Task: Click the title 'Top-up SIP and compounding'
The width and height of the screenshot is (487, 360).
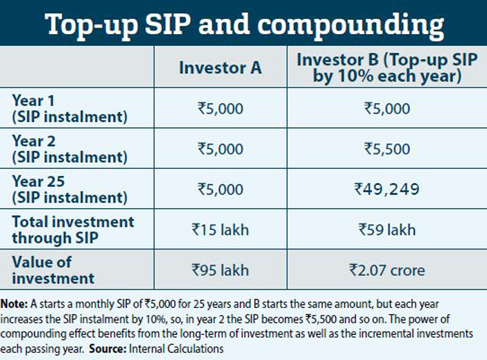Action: click(x=243, y=25)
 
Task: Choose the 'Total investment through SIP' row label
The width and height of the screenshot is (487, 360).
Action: click(x=73, y=230)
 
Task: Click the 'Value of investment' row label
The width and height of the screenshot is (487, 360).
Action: click(x=53, y=270)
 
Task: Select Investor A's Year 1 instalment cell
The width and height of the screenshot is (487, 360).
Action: click(x=220, y=108)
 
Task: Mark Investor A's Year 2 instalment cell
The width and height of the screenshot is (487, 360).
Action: click(x=220, y=149)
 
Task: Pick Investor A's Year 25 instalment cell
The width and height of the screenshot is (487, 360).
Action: click(x=220, y=189)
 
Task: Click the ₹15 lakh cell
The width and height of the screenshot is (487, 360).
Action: click(x=220, y=230)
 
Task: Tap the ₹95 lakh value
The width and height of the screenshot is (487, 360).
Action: click(x=220, y=270)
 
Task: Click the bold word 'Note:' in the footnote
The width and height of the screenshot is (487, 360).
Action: click(x=13, y=303)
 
